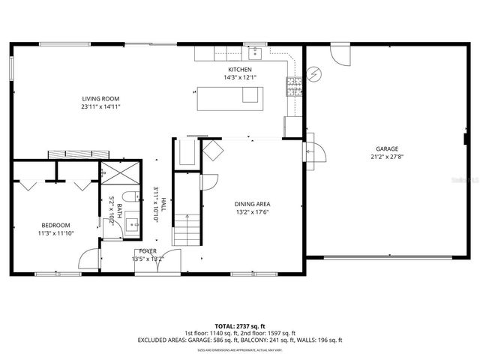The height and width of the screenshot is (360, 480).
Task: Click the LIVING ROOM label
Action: point(101,98)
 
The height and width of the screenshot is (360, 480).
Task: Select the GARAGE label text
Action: point(387,149)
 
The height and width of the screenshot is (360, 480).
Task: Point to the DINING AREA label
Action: point(252,204)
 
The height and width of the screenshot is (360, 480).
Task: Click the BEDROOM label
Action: point(55,226)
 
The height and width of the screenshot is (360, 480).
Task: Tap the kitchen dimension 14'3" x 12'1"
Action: point(240,77)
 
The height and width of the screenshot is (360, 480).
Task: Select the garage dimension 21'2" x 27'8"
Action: point(387,157)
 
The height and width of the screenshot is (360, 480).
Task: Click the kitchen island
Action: point(230,98)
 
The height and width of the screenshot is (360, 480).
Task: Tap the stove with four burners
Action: point(292,86)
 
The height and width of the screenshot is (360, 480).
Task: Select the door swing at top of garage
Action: point(340,54)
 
